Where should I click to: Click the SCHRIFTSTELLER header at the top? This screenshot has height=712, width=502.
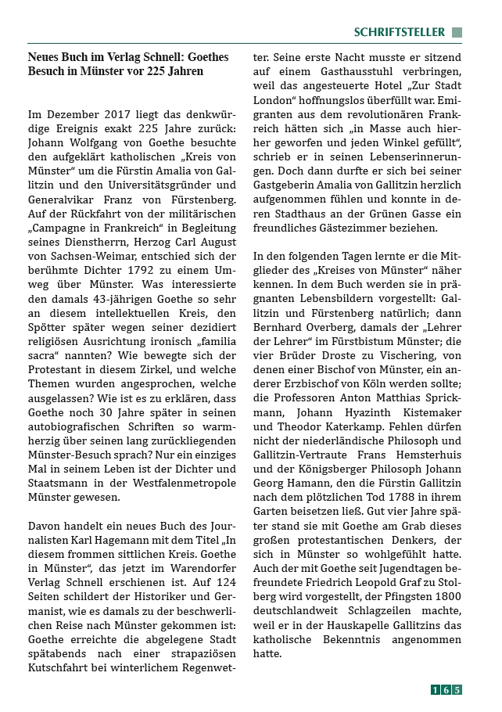pyautogui.click(x=399, y=32)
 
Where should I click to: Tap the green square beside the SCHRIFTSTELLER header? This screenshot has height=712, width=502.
pyautogui.click(x=457, y=32)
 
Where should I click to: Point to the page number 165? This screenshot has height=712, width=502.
pyautogui.click(x=446, y=689)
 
